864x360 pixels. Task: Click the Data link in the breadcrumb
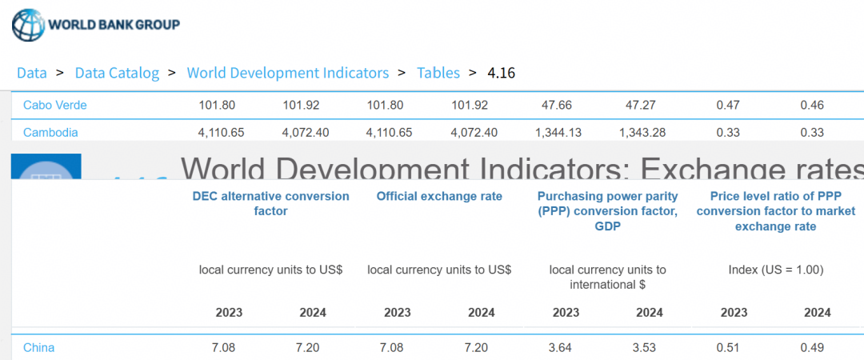point(32,73)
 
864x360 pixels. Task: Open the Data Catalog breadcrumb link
point(117,73)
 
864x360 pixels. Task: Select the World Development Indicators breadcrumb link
point(288,73)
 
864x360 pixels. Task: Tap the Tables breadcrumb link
point(438,73)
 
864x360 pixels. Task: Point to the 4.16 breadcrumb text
point(502,73)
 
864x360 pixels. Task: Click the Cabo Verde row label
point(55,105)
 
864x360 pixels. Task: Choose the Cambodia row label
point(50,132)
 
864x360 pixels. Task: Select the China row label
point(38,347)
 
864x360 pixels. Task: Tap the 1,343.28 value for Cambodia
point(642,132)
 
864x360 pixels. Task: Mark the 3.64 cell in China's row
point(566,347)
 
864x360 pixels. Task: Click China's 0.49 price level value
point(812,347)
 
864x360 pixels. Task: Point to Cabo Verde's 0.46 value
point(812,105)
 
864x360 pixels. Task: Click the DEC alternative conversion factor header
point(270,203)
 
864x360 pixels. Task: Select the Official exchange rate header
point(439,196)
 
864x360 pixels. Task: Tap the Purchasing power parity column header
point(607,210)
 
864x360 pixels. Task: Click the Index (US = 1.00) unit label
point(775,270)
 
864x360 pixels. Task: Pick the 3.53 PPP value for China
point(650,347)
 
